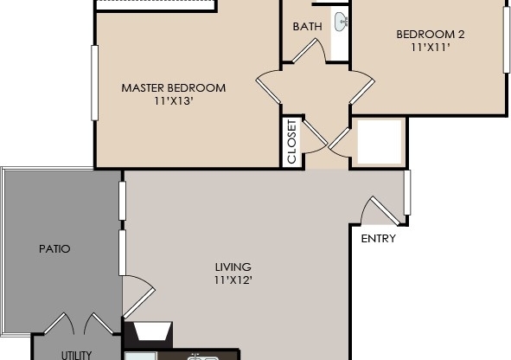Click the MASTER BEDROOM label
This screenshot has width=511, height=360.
coord(173,87)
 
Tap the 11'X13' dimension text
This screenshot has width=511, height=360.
coord(173,101)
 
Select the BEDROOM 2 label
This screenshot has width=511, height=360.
coord(431,35)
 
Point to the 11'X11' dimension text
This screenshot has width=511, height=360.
coord(431,48)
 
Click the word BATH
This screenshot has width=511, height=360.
coord(307,26)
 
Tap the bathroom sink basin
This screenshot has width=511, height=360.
coord(342,21)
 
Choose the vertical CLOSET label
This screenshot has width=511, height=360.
coord(291,141)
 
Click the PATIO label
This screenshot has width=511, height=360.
coord(54,248)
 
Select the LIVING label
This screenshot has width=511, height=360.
coord(233,267)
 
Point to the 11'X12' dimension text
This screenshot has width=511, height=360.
coord(233,280)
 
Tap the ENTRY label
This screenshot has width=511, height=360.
coord(378,239)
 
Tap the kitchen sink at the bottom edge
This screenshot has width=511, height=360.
coord(201,356)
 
